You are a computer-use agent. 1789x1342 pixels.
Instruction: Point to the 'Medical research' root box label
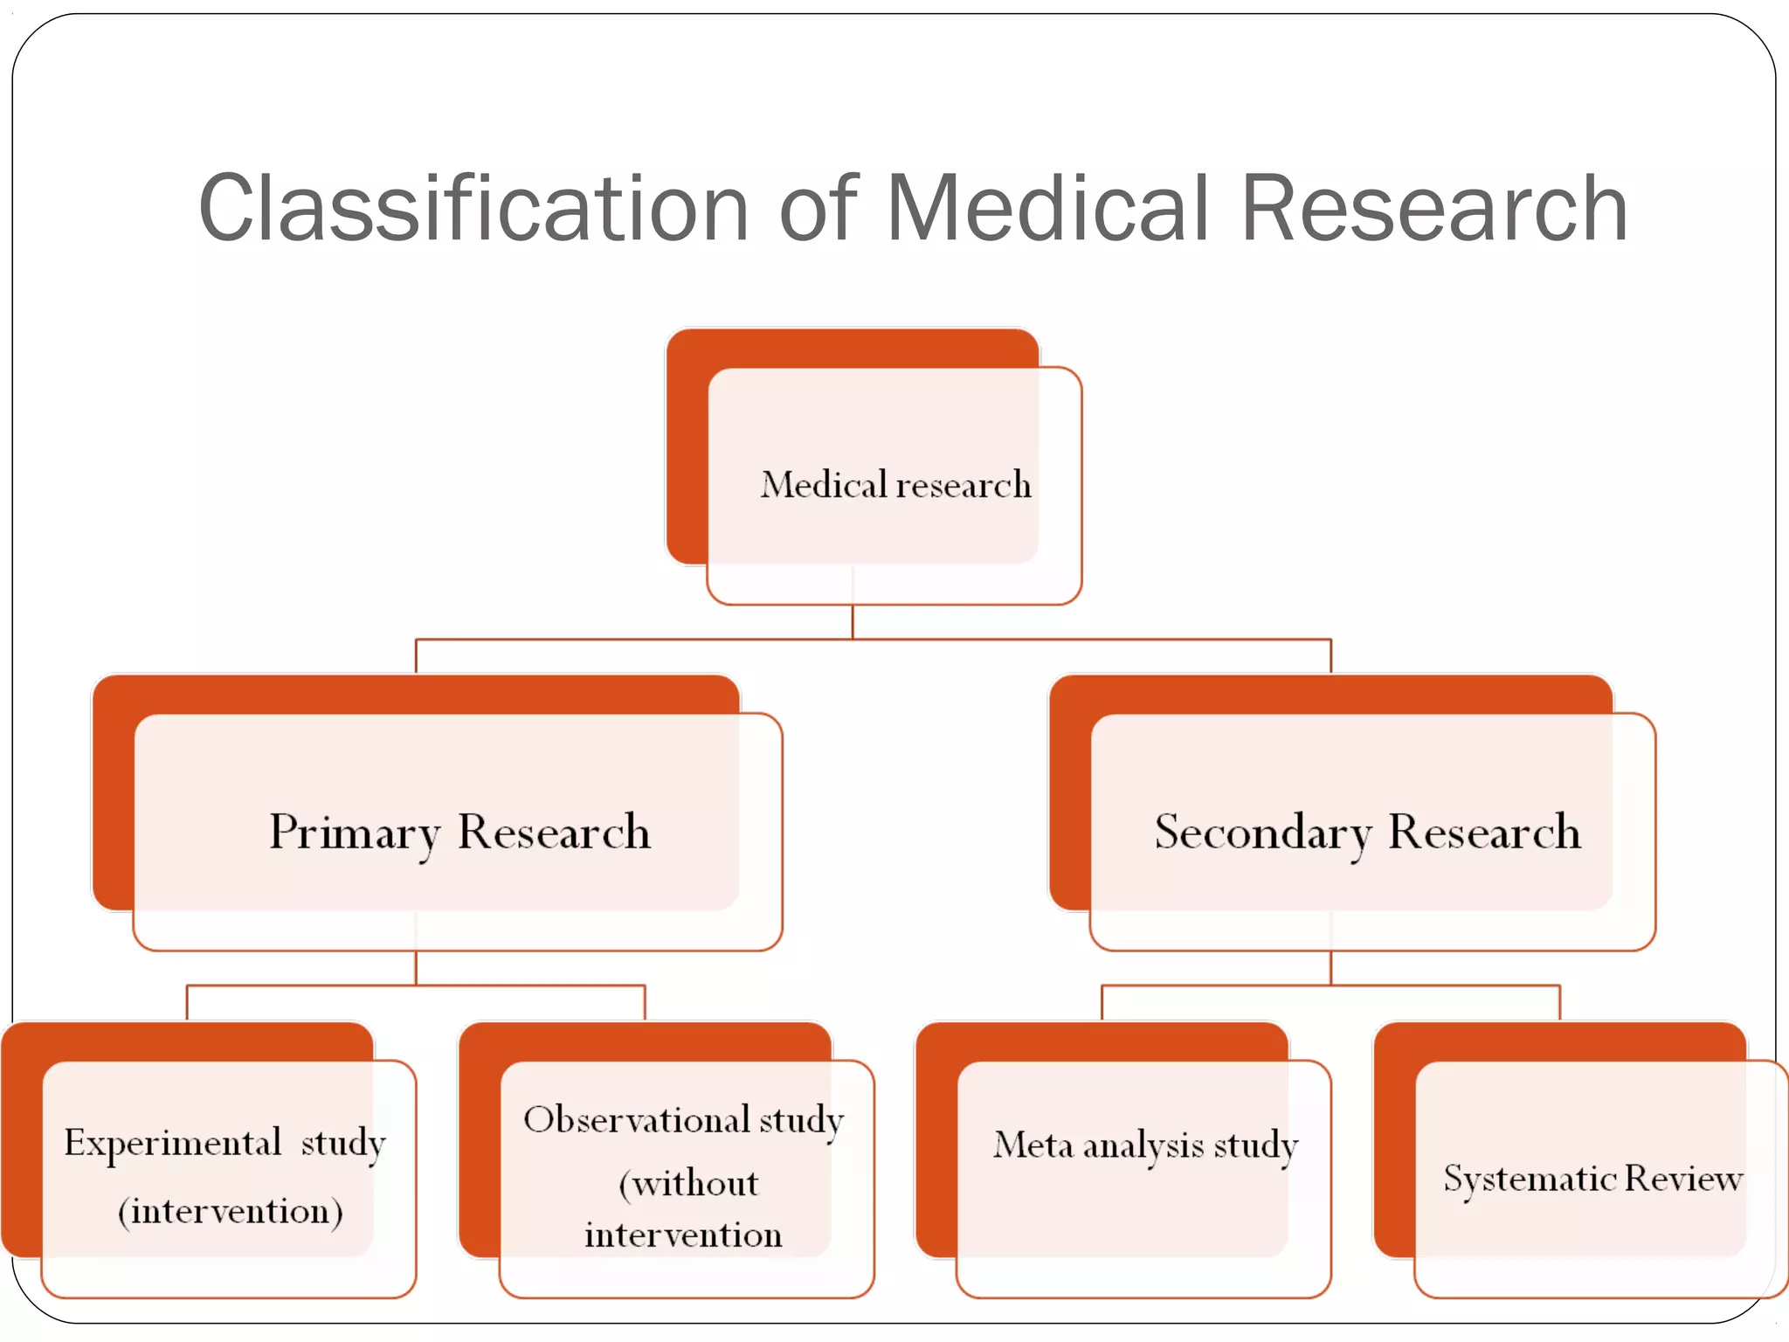895,485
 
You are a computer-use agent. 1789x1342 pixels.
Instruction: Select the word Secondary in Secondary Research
1262,832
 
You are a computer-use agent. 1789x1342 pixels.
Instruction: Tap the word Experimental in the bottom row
172,1143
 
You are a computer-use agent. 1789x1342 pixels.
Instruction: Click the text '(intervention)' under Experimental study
230,1211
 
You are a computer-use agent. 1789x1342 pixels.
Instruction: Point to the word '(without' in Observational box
688,1184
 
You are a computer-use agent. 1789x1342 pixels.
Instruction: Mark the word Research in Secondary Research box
1484,832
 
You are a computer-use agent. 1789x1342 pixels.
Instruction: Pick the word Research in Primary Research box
554,832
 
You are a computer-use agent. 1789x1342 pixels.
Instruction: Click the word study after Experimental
342,1143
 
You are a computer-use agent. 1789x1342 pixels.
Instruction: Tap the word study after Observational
801,1120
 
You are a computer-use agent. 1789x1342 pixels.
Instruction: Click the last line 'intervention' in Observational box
683,1235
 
